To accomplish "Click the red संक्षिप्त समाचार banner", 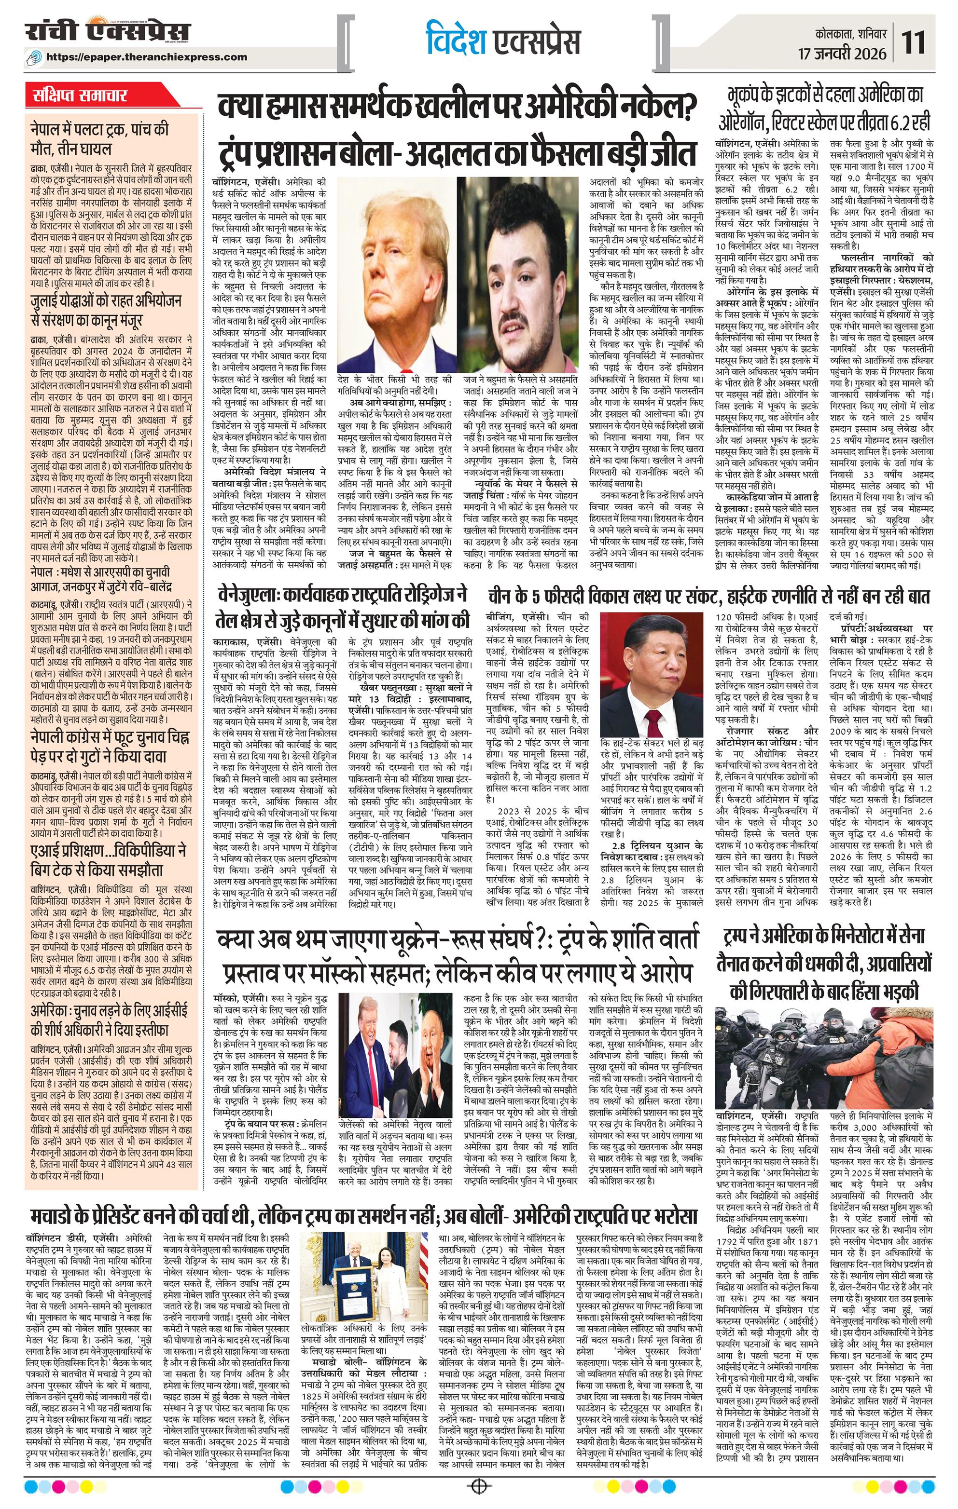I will pyautogui.click(x=80, y=96).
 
